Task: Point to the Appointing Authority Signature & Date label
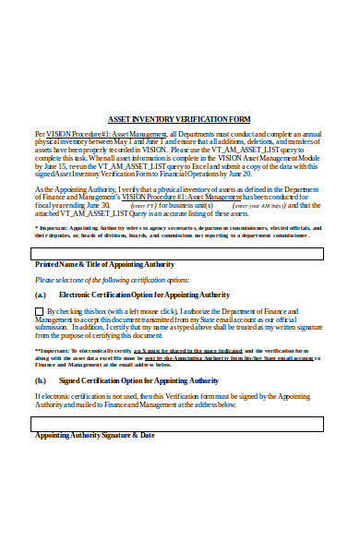tap(94, 435)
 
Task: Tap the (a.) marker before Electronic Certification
tap(41, 295)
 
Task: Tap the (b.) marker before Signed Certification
tap(41, 379)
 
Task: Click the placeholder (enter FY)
tap(143, 205)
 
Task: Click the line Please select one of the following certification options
tap(112, 279)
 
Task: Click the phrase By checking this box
tap(78, 312)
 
